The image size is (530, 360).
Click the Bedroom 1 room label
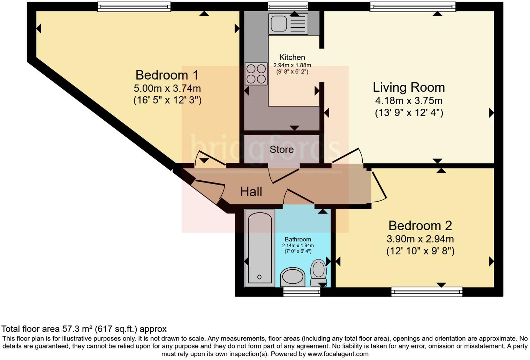pyautogui.click(x=167, y=75)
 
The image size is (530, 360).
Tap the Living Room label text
pyautogui.click(x=409, y=87)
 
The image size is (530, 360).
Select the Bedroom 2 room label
pyautogui.click(x=420, y=226)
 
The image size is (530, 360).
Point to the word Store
pyautogui.click(x=281, y=150)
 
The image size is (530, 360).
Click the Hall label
pyautogui.click(x=251, y=192)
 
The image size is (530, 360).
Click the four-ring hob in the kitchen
pyautogui.click(x=256, y=74)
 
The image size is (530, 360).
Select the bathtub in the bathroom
pyautogui.click(x=259, y=248)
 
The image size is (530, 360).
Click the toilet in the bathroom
pyautogui.click(x=318, y=272)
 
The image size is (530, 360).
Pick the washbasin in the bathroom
pyautogui.click(x=293, y=277)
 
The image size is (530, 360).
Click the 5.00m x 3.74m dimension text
pyautogui.click(x=167, y=88)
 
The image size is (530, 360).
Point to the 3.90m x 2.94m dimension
pyautogui.click(x=420, y=239)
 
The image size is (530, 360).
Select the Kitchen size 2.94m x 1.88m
pyautogui.click(x=292, y=65)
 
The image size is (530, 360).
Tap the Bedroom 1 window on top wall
pyautogui.click(x=134, y=7)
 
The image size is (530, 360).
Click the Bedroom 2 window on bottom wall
pyautogui.click(x=427, y=292)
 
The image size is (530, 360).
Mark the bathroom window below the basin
pyautogui.click(x=302, y=292)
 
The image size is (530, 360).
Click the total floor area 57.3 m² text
pyautogui.click(x=84, y=329)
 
